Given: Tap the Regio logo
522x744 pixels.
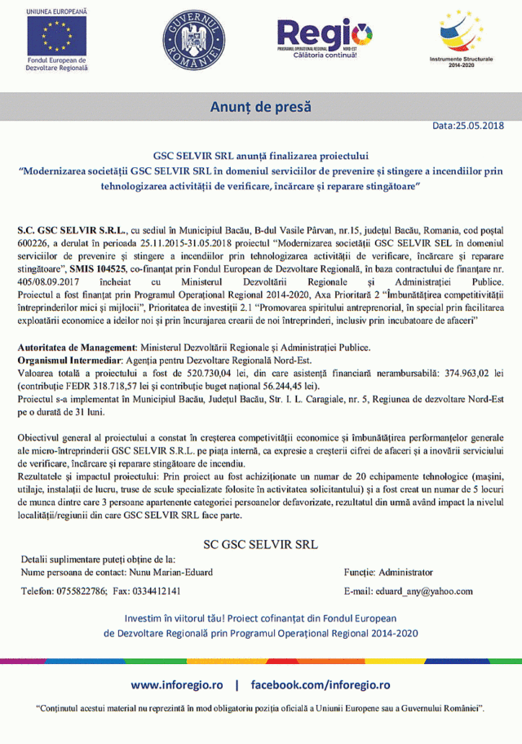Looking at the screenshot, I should (325, 38).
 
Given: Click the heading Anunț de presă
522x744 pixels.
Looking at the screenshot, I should (261, 108).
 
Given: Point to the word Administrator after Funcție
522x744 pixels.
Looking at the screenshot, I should (406, 572).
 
